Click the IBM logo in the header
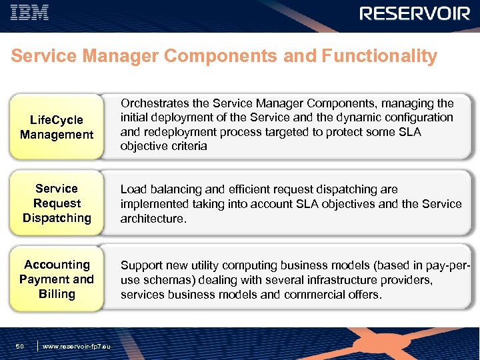(x=31, y=13)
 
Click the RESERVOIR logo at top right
(x=415, y=13)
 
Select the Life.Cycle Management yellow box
(x=57, y=127)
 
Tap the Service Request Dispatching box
(x=57, y=203)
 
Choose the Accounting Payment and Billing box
(x=57, y=279)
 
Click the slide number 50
(x=20, y=346)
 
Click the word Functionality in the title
(x=379, y=56)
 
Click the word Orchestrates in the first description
(x=153, y=103)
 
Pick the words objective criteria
(x=164, y=146)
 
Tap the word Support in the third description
(x=142, y=265)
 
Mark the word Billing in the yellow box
(x=57, y=294)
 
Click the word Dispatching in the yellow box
(x=57, y=218)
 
